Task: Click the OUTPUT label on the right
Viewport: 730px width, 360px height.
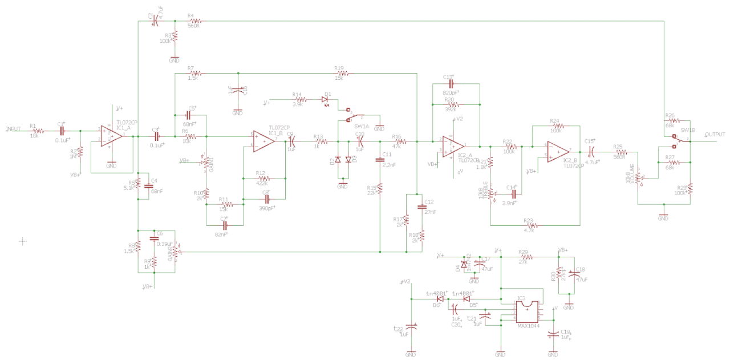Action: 715,135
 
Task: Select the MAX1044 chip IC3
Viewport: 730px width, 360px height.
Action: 528,311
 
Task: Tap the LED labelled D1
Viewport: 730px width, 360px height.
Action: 326,99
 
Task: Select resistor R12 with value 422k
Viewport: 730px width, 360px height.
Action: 263,178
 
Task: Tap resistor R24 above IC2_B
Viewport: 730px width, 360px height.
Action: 557,126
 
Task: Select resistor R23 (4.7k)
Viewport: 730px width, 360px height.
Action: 529,225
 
